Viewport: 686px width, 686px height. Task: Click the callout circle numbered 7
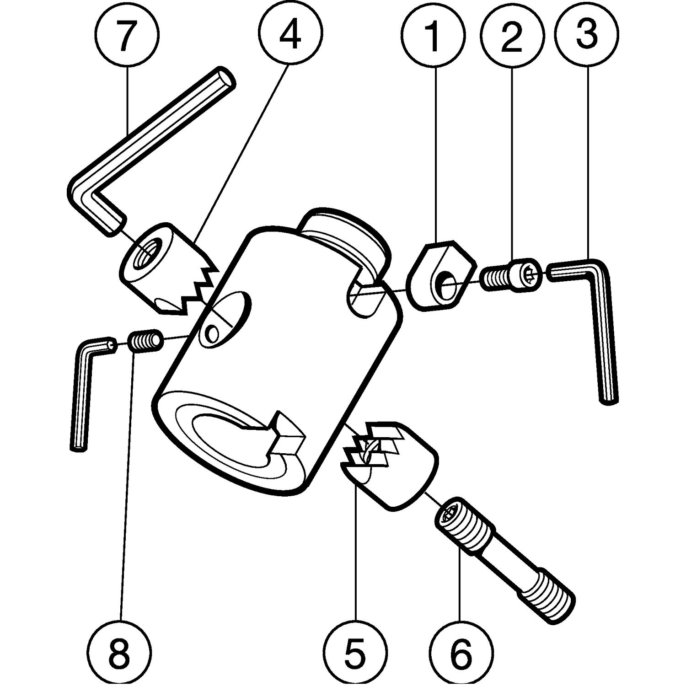click(128, 36)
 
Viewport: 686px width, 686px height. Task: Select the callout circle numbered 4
click(290, 36)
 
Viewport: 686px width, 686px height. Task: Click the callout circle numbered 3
click(587, 36)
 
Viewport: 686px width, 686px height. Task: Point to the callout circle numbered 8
click(120, 650)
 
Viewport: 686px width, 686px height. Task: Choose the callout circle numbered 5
click(356, 650)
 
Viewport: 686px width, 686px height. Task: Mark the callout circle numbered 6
click(461, 650)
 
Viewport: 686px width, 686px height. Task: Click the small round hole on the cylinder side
click(211, 333)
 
